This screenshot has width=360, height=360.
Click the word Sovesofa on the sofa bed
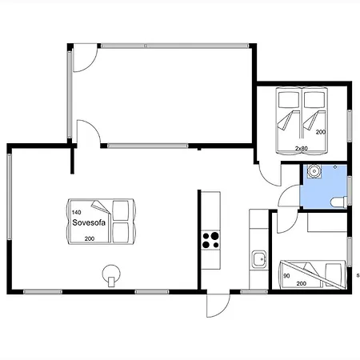[89, 222]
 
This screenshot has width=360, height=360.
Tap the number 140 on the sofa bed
[76, 212]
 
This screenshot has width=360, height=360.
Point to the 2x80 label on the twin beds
[302, 148]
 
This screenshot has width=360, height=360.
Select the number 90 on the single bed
[286, 276]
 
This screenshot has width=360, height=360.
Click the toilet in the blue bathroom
[338, 202]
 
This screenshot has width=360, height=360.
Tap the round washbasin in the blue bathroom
[314, 171]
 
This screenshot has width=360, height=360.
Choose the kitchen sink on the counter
[259, 258]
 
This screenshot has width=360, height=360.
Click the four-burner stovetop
[210, 240]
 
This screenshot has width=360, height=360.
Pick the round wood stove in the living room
[111, 275]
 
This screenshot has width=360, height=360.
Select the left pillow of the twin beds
[289, 100]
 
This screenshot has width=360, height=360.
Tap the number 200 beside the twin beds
[321, 132]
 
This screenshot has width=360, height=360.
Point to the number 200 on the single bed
[302, 284]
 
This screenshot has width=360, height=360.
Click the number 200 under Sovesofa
[90, 238]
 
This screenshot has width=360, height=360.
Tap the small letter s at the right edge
[358, 276]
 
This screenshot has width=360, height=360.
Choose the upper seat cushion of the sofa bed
[121, 210]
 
